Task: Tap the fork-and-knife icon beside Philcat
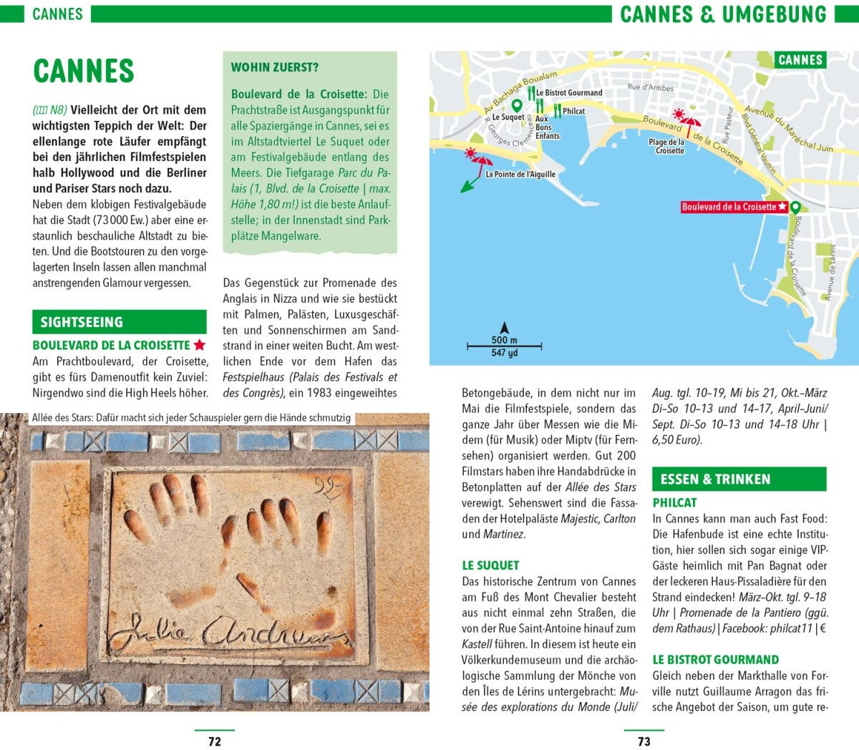coord(557,110)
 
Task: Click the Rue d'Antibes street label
coord(651,87)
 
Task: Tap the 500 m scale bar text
coord(504,341)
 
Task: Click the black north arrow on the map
coord(504,327)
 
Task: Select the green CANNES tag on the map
coord(800,60)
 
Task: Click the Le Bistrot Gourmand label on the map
coord(569,92)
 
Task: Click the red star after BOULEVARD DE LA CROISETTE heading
coord(200,345)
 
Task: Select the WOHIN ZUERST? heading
coord(274,67)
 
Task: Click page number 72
coord(215,741)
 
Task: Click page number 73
coord(644,741)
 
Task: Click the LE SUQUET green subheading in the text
coord(490,565)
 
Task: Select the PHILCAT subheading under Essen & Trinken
coord(674,502)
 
